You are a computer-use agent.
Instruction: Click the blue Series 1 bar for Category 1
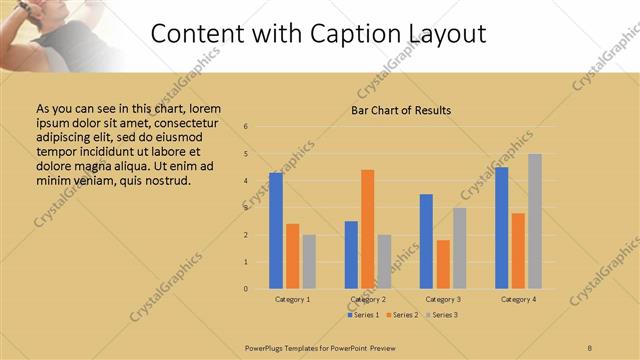(276, 231)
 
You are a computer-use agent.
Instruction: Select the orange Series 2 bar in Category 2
(368, 229)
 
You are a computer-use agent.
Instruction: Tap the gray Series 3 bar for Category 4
(535, 221)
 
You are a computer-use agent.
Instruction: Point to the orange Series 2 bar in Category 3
(443, 264)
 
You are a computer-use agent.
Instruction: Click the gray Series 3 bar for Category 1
(309, 262)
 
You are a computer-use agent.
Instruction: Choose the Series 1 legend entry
(365, 315)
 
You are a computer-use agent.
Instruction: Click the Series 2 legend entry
(403, 315)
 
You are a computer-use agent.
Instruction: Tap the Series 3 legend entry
(441, 315)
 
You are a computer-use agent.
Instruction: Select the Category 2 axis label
(368, 299)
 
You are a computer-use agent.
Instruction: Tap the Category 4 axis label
(518, 299)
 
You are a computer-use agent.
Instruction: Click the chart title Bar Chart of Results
(400, 110)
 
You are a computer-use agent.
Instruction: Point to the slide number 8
(589, 346)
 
